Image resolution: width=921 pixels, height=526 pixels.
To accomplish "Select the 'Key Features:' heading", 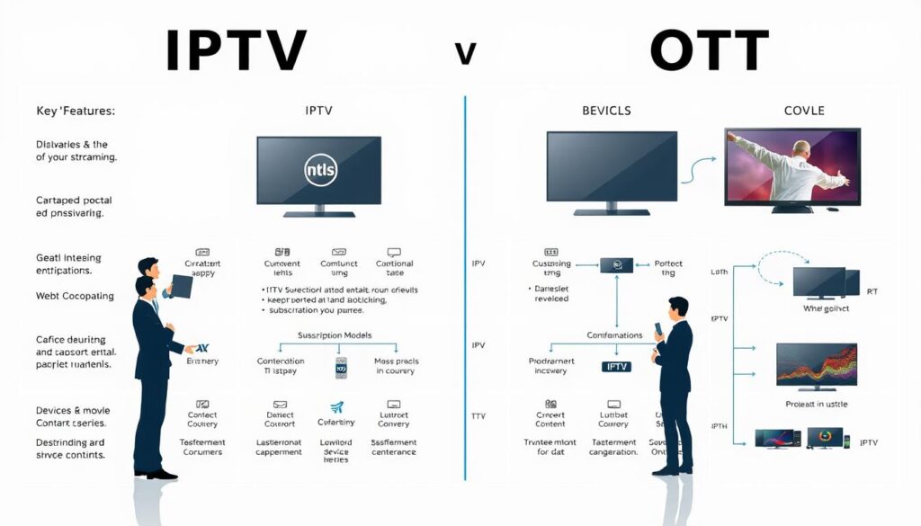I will coord(76,111).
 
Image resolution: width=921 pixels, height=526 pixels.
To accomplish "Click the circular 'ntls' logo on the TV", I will coord(319,170).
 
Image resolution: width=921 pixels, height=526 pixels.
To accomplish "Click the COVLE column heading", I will coord(803,111).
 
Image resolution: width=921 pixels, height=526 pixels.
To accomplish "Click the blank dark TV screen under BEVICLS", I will coord(612,171).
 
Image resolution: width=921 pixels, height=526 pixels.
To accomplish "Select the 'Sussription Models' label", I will coord(335,335).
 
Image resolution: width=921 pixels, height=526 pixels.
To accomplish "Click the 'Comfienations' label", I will coord(615,335).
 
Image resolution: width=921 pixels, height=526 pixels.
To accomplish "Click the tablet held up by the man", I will coord(179,285).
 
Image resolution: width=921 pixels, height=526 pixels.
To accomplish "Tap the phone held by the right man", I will coord(659,328).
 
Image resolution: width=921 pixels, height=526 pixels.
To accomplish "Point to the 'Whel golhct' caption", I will coord(827,308).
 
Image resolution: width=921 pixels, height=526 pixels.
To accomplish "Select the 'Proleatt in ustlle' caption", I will coord(817,406).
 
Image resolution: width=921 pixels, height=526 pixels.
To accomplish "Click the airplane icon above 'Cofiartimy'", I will coord(337,406).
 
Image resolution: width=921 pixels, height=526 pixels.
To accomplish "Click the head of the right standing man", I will coord(677,308).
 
